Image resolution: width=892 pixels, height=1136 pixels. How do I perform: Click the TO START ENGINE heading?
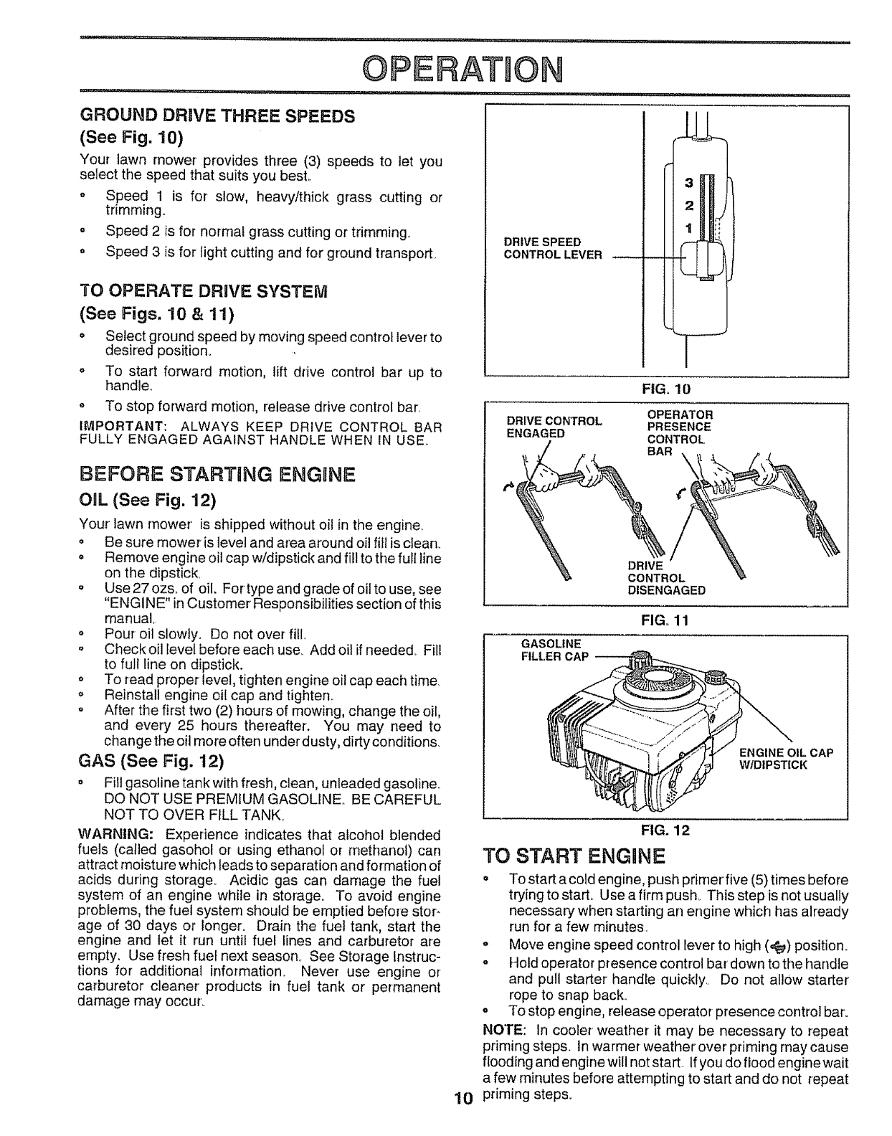(575, 856)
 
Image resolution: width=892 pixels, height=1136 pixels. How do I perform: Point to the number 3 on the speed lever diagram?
(689, 182)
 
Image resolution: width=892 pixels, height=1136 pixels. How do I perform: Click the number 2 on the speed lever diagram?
(689, 207)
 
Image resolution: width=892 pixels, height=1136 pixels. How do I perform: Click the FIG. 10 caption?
(666, 389)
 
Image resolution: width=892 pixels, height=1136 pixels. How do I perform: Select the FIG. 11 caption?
(666, 622)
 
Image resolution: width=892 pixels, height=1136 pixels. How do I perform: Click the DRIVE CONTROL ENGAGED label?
(551, 427)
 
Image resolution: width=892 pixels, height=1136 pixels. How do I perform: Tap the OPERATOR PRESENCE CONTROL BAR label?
(680, 433)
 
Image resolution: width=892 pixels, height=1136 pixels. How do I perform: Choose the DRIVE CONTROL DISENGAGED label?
(666, 578)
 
